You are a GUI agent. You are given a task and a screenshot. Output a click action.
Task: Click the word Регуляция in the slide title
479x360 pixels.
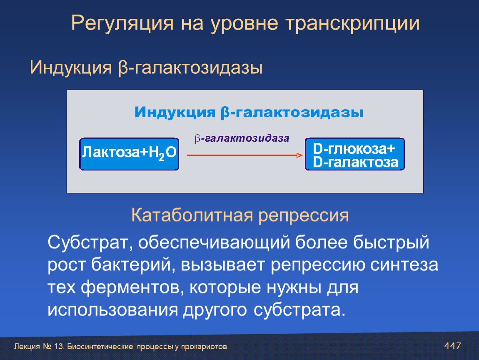tap(122, 24)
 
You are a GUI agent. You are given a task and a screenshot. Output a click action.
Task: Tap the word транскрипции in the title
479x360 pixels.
tap(352, 24)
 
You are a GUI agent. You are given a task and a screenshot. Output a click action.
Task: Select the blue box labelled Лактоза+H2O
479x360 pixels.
tap(129, 154)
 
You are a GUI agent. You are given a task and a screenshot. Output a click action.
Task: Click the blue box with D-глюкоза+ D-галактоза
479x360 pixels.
tap(354, 154)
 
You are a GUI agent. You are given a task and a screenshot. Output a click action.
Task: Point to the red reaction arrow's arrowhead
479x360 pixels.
tap(299, 155)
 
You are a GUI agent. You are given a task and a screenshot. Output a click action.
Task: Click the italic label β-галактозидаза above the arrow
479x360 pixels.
tap(242, 138)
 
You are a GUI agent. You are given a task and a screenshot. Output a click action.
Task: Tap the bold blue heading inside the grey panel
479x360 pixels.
tap(249, 112)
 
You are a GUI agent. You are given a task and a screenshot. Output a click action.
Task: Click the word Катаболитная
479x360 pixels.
tap(192, 215)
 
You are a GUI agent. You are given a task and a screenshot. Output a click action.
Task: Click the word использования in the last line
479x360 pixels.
tap(113, 310)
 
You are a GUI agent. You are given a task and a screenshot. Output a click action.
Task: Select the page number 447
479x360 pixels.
tap(452, 346)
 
